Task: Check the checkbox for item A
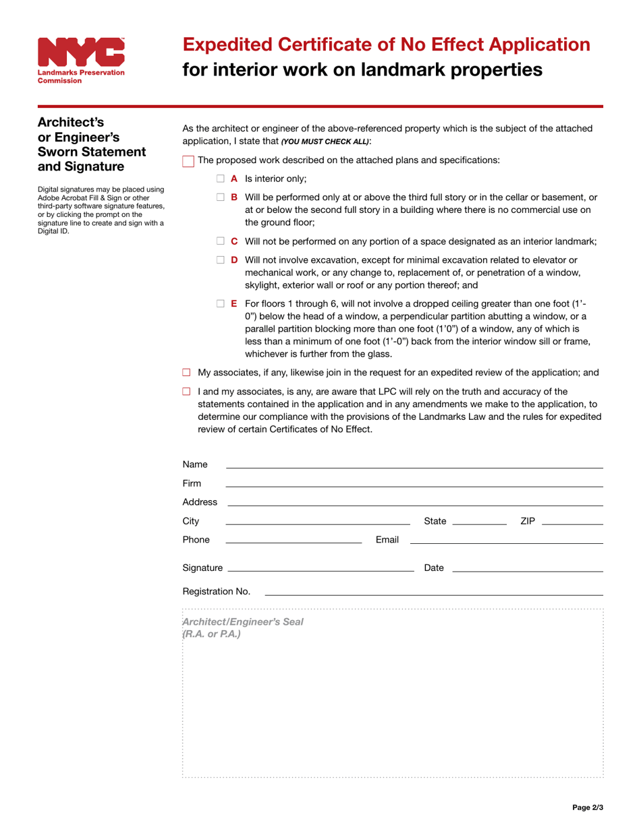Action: point(220,179)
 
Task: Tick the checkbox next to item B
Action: point(220,197)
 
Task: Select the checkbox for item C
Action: point(220,241)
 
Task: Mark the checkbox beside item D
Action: point(220,260)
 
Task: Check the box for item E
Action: point(220,304)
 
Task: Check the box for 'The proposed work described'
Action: point(188,161)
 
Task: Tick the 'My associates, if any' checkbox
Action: point(187,373)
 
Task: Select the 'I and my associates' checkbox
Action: point(187,392)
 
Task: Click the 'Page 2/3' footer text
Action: point(588,807)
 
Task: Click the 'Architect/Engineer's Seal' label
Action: point(243,622)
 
